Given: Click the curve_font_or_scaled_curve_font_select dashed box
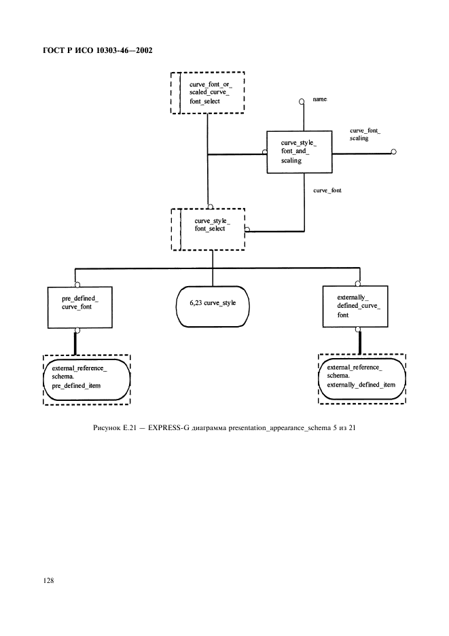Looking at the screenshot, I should (206, 92).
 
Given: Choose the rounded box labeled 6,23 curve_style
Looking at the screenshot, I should (213, 302).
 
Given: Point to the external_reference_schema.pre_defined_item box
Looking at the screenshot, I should (86, 379).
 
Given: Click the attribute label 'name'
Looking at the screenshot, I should (319, 99).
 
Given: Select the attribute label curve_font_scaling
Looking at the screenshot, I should (365, 134).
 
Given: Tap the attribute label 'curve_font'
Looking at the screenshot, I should (327, 191).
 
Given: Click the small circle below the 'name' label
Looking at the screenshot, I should (300, 103).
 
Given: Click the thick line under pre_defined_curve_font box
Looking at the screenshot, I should (77, 343).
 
